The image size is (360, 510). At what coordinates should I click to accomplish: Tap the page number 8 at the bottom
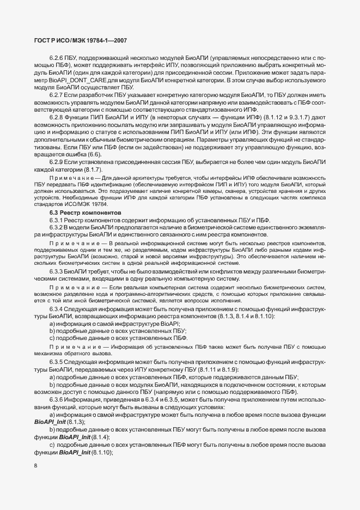tap(35, 465)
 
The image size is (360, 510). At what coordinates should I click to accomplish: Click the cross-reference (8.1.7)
tap(103, 168)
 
